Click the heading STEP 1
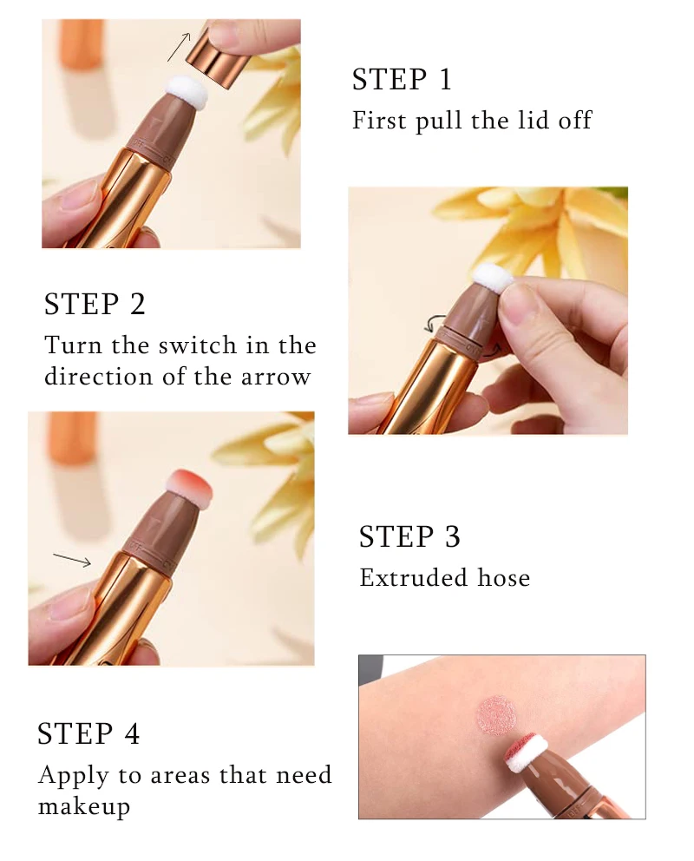click(x=402, y=80)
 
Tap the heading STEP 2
click(x=95, y=304)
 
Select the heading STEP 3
click(x=409, y=536)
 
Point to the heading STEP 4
click(x=88, y=733)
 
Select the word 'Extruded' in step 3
click(x=414, y=578)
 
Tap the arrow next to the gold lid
click(x=179, y=46)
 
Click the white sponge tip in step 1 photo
click(x=187, y=91)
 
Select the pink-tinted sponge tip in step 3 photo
click(x=189, y=487)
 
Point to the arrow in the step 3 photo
click(x=72, y=560)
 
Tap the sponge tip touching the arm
click(x=526, y=751)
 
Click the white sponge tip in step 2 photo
click(x=492, y=279)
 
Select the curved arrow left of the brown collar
click(x=434, y=324)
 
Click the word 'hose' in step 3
click(x=504, y=578)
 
